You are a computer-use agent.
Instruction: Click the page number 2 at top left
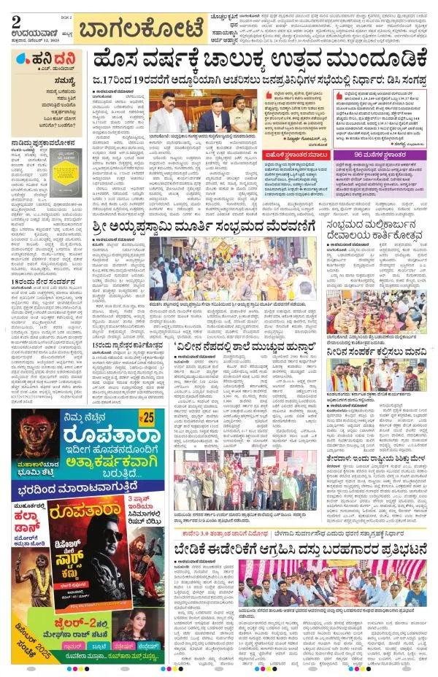pos(16,21)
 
